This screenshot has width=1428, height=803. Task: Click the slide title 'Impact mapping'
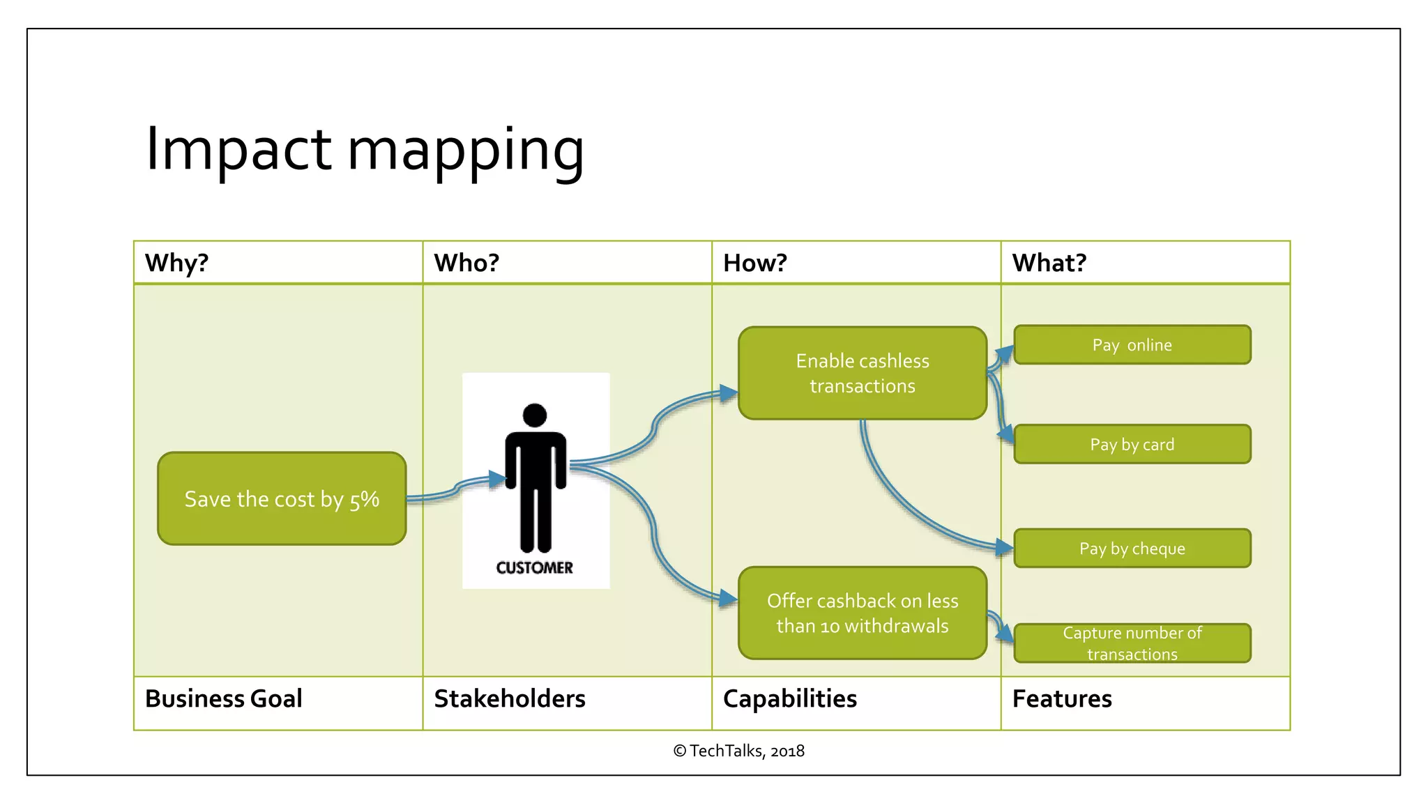364,149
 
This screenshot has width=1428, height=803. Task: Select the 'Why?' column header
177,263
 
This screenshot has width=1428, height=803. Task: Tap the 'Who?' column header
466,263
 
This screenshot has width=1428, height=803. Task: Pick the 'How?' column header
755,263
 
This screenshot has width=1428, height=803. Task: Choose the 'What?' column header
1049,263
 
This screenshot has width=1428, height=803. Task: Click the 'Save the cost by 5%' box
282,499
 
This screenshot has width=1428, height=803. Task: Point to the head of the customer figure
535,415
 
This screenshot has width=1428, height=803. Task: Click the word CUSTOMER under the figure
535,568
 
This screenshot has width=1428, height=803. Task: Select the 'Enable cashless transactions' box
863,374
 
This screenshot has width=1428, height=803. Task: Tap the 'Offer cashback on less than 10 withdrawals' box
863,613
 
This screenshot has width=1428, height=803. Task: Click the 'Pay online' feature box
1132,345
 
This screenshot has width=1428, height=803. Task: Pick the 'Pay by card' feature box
1132,445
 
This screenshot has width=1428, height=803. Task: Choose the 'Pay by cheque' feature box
1132,549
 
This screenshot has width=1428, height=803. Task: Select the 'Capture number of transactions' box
1132,643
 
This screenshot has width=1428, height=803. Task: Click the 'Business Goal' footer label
224,699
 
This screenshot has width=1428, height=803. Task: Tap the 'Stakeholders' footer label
510,699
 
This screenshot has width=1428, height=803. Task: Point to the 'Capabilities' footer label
790,699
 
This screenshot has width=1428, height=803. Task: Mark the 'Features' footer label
1062,699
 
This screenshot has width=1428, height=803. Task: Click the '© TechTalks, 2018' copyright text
738,751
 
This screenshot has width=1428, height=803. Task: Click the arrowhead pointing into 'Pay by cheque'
1005,548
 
